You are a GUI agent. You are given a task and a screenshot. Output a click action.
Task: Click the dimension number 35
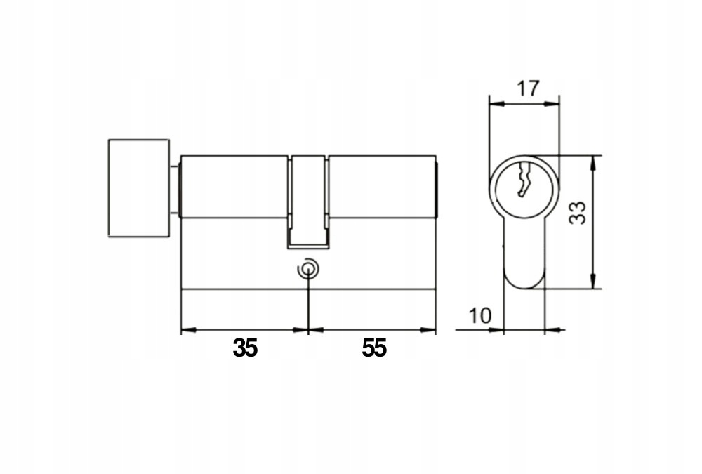[245, 348]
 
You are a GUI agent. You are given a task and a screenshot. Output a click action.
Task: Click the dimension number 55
[374, 348]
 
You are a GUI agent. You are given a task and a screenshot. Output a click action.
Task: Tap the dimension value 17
[529, 88]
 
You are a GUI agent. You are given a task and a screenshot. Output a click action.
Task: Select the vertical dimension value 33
[577, 213]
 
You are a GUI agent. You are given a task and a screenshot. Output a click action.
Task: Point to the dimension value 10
[480, 316]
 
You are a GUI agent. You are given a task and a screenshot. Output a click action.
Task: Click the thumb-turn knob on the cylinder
[139, 187]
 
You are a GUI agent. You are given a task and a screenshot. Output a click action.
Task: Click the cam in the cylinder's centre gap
[308, 202]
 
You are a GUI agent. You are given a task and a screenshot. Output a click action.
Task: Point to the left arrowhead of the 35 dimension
[188, 330]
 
